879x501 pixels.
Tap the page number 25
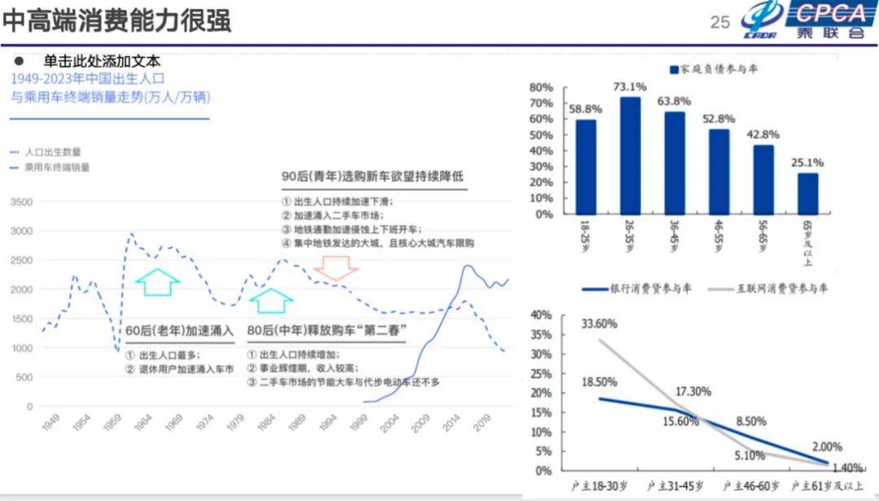[720, 23]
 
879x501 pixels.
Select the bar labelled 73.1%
[630, 155]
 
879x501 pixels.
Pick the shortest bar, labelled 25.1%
[807, 193]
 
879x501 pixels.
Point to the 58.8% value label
[585, 108]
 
